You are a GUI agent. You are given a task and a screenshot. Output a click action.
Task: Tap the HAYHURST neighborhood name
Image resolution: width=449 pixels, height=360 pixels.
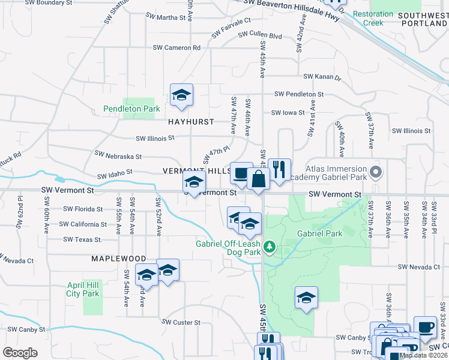pyautogui.click(x=191, y=122)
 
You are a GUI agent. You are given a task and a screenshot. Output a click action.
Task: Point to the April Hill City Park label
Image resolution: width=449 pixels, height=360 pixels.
pyautogui.click(x=83, y=289)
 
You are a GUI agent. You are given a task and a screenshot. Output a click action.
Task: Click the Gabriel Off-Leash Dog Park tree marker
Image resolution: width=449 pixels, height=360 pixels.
pyautogui.click(x=270, y=246)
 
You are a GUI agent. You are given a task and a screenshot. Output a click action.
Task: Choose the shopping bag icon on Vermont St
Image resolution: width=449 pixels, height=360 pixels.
pyautogui.click(x=258, y=180)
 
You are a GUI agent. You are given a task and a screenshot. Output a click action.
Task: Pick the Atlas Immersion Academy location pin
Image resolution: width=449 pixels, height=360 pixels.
pyautogui.click(x=376, y=173)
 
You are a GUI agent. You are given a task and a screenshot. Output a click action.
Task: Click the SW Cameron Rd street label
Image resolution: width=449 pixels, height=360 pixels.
pyautogui.click(x=176, y=47)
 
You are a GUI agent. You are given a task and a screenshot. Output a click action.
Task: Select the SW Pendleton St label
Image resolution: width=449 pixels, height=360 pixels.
pyautogui.click(x=299, y=94)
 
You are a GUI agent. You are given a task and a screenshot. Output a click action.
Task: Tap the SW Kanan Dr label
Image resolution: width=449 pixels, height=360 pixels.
pyautogui.click(x=322, y=77)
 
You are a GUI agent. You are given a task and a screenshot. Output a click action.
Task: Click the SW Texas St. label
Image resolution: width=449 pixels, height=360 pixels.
pyautogui.click(x=83, y=239)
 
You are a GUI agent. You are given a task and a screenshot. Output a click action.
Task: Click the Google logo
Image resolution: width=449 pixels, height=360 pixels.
pyautogui.click(x=20, y=353)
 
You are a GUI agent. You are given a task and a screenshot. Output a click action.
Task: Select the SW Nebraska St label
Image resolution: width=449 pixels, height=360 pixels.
pyautogui.click(x=118, y=155)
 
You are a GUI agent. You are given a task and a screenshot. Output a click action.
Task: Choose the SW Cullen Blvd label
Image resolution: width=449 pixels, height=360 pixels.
pyautogui.click(x=260, y=36)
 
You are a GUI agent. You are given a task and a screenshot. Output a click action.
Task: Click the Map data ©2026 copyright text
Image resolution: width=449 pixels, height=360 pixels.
pyautogui.click(x=423, y=355)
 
